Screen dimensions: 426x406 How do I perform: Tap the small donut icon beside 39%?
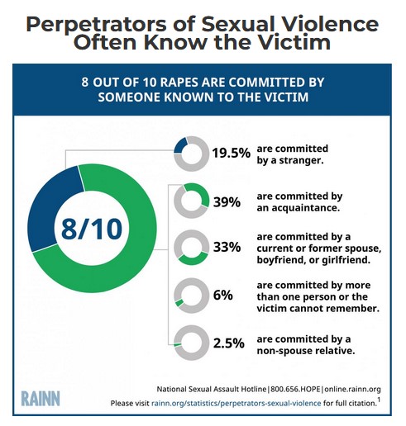click(x=190, y=201)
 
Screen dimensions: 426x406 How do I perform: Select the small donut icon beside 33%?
click(x=190, y=248)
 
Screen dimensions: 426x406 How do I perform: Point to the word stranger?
click(x=299, y=159)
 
